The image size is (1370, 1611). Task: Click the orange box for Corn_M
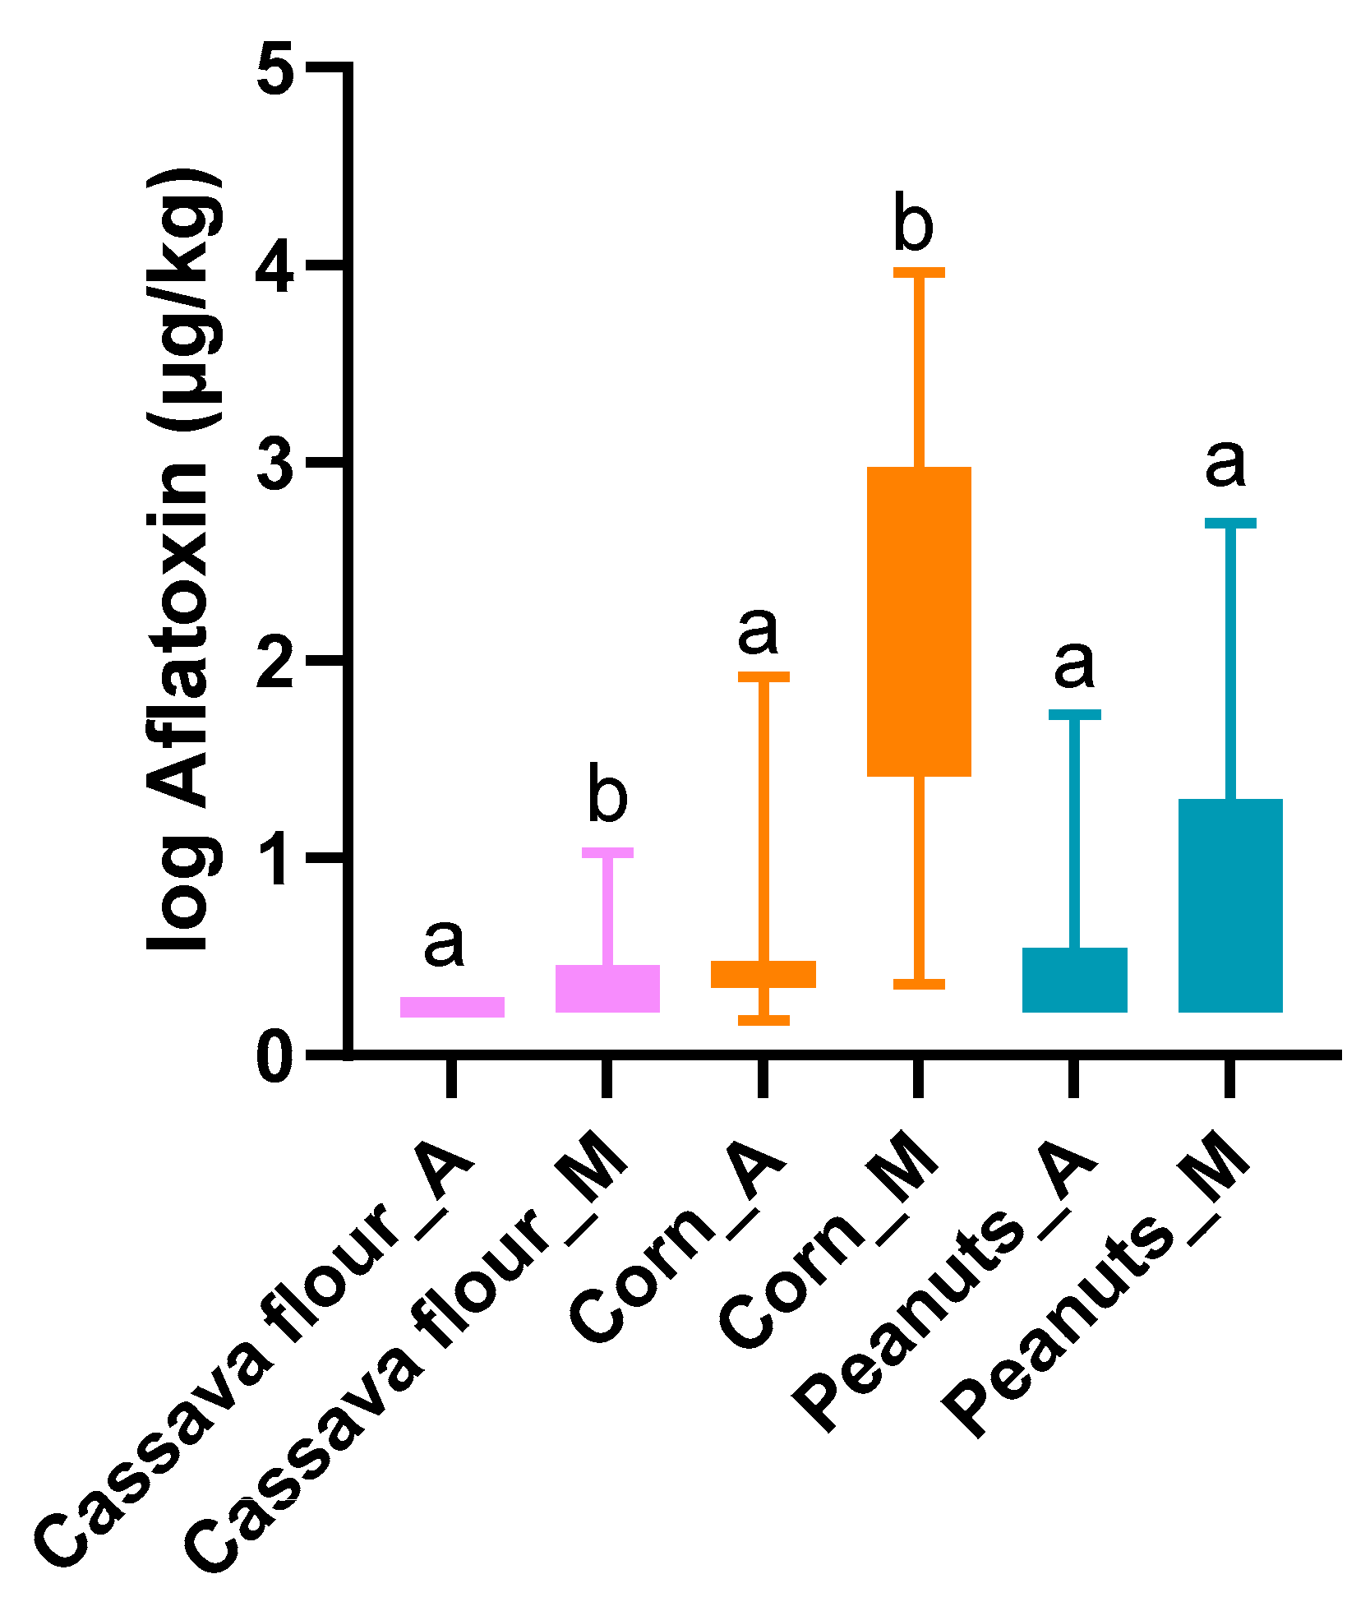point(919,621)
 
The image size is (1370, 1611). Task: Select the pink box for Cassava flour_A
point(452,1007)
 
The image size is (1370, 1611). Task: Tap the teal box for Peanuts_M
point(1230,905)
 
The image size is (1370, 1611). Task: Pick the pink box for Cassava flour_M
point(607,989)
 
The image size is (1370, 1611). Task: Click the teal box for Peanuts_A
point(1074,980)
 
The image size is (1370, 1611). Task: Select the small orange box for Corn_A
point(763,974)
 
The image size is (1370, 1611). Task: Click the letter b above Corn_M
point(913,224)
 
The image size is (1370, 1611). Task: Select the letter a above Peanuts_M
point(1225,463)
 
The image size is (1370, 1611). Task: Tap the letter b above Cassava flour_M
point(607,794)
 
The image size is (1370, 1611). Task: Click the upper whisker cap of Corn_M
point(919,272)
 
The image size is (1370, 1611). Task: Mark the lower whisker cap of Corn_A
point(763,1020)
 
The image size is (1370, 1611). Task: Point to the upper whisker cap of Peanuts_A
point(1074,714)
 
